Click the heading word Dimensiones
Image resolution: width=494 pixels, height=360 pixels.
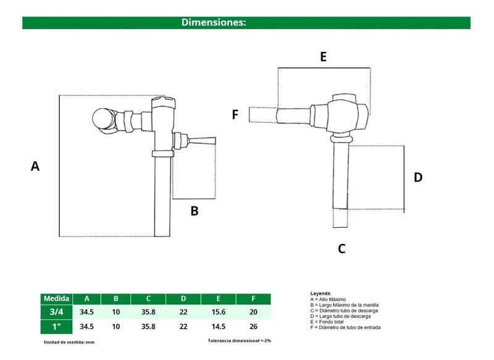pyautogui.click(x=214, y=22)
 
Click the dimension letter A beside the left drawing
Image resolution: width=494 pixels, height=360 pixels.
pyautogui.click(x=35, y=166)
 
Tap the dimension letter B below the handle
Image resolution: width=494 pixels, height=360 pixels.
pyautogui.click(x=195, y=211)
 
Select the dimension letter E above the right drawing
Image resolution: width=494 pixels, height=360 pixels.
pyautogui.click(x=323, y=57)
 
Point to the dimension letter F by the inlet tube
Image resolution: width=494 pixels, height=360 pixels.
pyautogui.click(x=235, y=115)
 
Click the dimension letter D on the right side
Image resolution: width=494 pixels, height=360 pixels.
pyautogui.click(x=418, y=177)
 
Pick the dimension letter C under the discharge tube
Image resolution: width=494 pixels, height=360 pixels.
pyautogui.click(x=341, y=248)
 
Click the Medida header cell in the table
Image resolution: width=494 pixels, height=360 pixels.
pyautogui.click(x=56, y=299)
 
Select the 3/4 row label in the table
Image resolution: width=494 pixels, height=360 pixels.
pyautogui.click(x=56, y=312)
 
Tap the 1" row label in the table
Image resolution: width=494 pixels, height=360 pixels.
pyautogui.click(x=56, y=327)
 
